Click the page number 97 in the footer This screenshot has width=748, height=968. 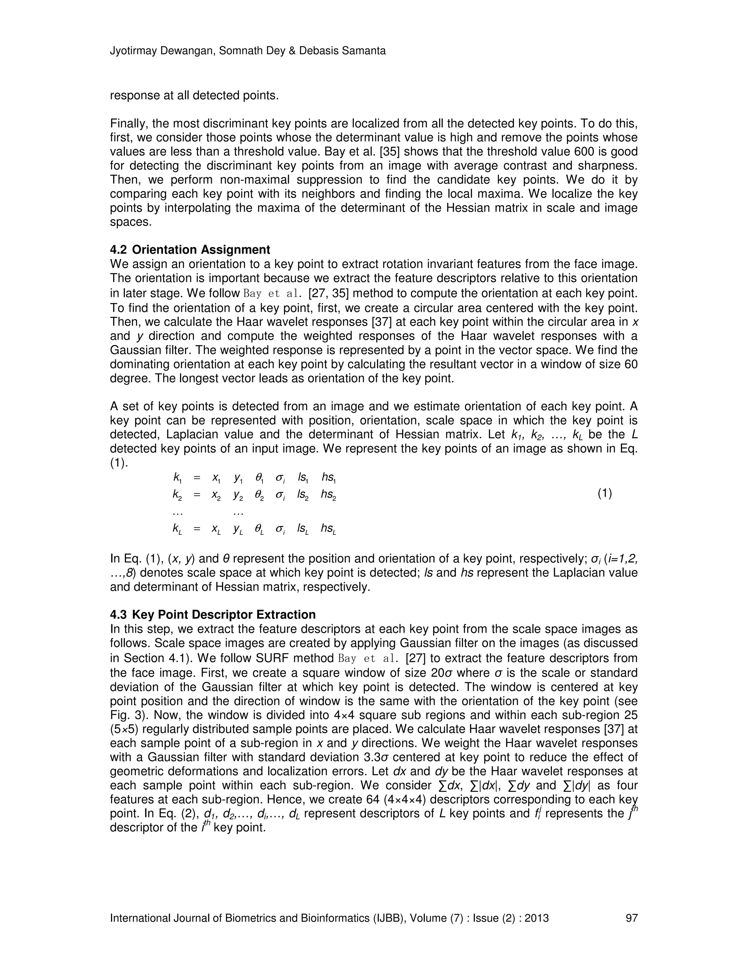(631, 918)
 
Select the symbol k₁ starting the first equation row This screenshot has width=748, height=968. (177, 478)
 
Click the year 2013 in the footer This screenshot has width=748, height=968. (537, 918)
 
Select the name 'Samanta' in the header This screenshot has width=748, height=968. (366, 51)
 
